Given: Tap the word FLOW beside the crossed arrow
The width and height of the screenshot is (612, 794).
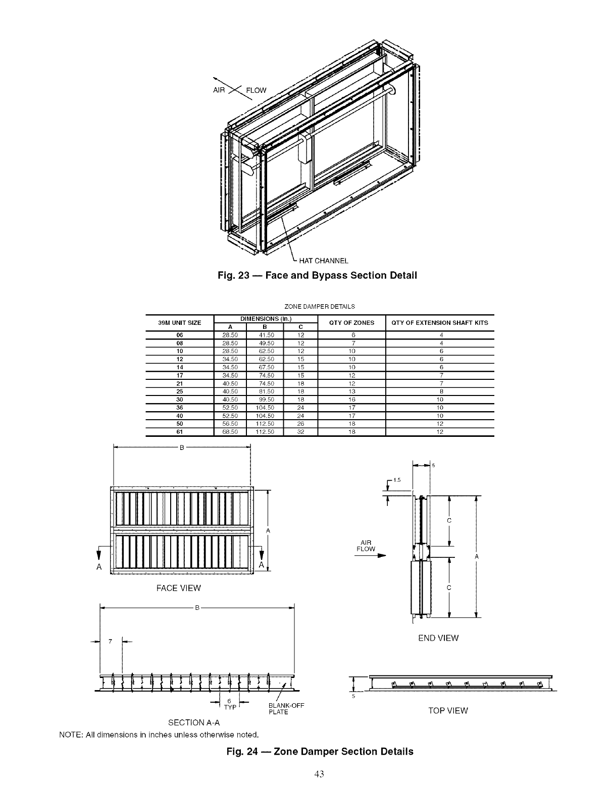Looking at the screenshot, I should click(x=256, y=91).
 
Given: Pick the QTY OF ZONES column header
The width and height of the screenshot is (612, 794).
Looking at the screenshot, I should click(x=351, y=322).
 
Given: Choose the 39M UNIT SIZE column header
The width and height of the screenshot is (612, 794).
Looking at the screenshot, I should click(x=180, y=322).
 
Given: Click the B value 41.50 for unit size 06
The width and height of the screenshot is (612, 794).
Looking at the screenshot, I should click(x=266, y=335).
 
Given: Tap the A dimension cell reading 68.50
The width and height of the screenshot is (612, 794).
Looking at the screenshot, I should click(x=230, y=432).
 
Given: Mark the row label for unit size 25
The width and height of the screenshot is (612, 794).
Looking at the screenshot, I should click(x=180, y=391).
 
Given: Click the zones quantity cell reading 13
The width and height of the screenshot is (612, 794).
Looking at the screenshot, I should click(x=351, y=391).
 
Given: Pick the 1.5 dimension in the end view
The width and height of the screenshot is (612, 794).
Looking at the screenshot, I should click(x=397, y=480).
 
